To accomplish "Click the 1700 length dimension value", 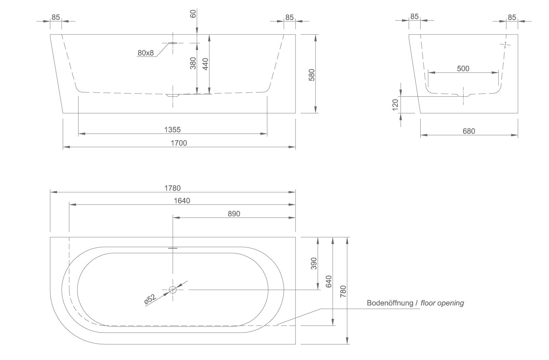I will tap(179, 143).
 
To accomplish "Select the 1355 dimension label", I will tap(173, 130).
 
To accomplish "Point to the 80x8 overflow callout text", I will tap(146, 53).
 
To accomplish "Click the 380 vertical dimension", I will tap(193, 63).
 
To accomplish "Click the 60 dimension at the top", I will tap(193, 13).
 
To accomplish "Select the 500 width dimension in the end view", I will tap(463, 69).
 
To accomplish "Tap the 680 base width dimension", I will tap(469, 131).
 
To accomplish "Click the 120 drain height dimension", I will tap(396, 105).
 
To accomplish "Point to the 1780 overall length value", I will tap(173, 188).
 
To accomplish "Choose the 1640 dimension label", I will tap(182, 201).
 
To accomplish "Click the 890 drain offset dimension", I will tap(234, 214).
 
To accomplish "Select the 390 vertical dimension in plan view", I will tap(314, 264).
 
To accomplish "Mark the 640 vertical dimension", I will tap(328, 281).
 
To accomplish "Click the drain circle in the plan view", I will tap(173, 290).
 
